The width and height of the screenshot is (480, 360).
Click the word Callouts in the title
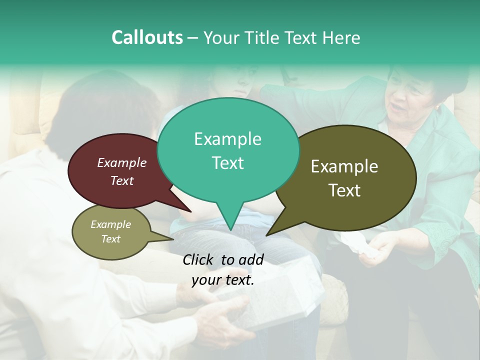(147, 37)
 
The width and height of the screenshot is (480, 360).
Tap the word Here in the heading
(341, 37)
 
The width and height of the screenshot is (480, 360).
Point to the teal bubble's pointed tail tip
(230, 230)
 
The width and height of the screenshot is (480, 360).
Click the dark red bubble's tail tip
(190, 212)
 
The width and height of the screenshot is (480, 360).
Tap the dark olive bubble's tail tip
(266, 235)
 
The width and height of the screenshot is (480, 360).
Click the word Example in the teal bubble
(227, 139)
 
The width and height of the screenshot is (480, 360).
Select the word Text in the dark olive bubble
(344, 190)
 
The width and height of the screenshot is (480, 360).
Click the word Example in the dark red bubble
(121, 162)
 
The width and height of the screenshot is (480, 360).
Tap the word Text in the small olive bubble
(111, 239)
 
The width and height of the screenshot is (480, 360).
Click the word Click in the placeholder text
(198, 259)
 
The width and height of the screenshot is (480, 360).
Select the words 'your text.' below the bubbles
(222, 280)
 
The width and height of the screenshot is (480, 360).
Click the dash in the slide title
(193, 37)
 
